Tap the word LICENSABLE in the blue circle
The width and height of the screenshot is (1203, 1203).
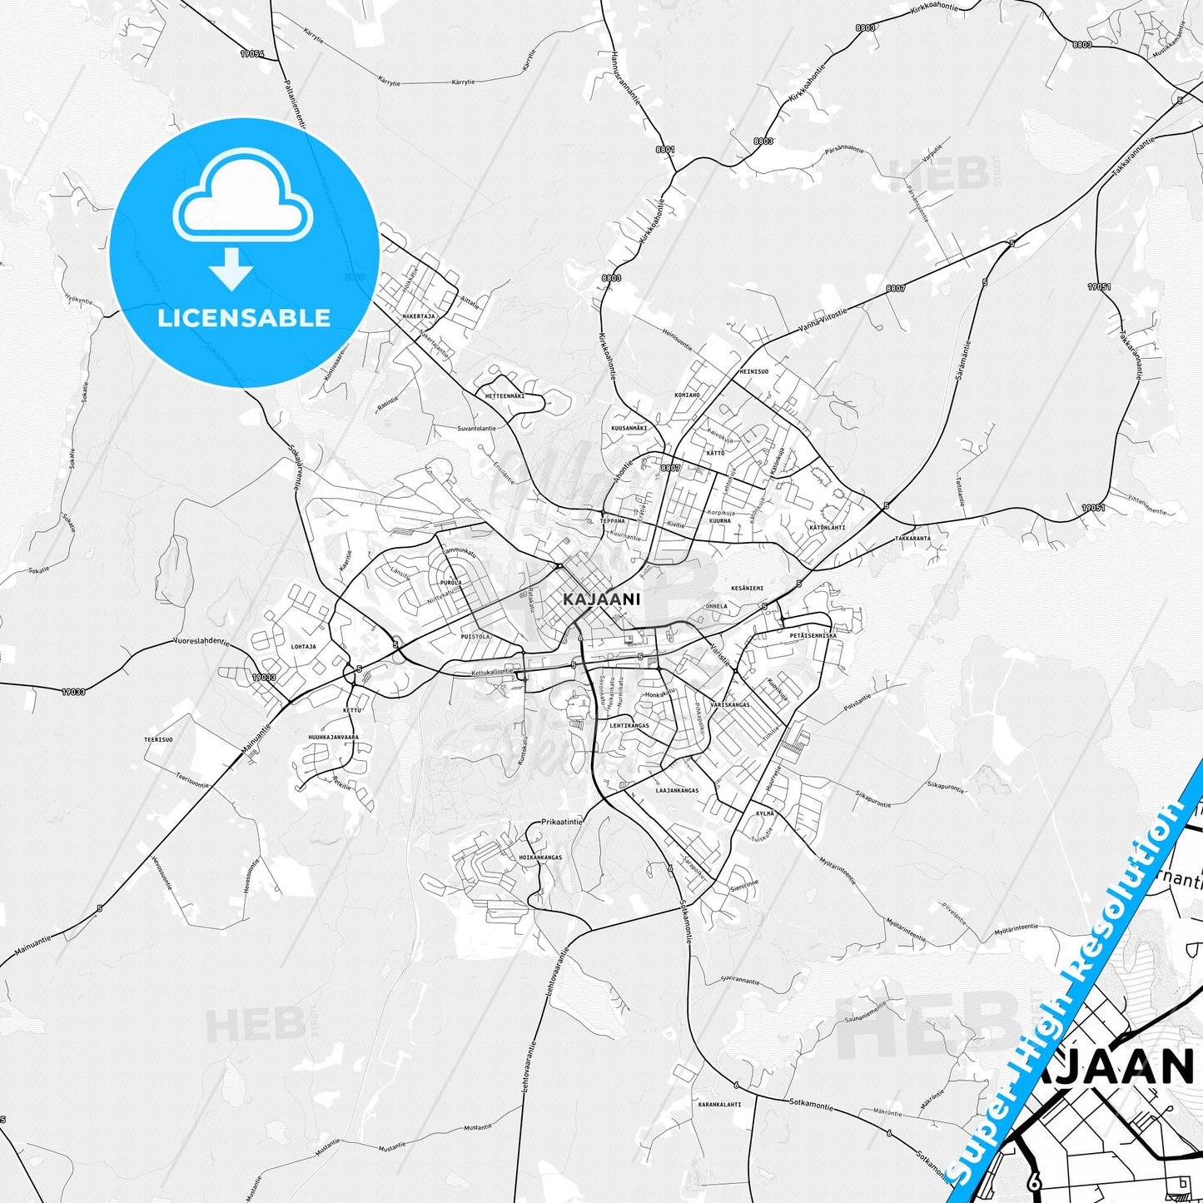pyautogui.click(x=244, y=318)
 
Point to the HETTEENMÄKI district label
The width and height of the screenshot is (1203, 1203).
pyautogui.click(x=505, y=396)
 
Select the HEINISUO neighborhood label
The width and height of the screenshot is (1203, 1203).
pyautogui.click(x=754, y=371)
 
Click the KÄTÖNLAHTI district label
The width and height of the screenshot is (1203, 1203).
pyautogui.click(x=827, y=528)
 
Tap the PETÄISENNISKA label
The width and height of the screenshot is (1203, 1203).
pyautogui.click(x=813, y=636)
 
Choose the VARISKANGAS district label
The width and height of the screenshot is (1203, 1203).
pyautogui.click(x=730, y=704)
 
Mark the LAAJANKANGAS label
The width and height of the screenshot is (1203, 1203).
pyautogui.click(x=677, y=790)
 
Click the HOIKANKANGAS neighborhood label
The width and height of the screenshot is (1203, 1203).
pyautogui.click(x=540, y=857)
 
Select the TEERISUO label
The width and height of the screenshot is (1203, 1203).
pyautogui.click(x=158, y=739)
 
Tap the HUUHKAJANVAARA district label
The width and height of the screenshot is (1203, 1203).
pyautogui.click(x=333, y=738)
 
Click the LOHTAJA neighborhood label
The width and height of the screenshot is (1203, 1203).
pyautogui.click(x=303, y=646)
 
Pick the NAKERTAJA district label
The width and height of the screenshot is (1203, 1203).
pyautogui.click(x=418, y=316)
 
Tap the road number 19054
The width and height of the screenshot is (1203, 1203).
pyautogui.click(x=251, y=54)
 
